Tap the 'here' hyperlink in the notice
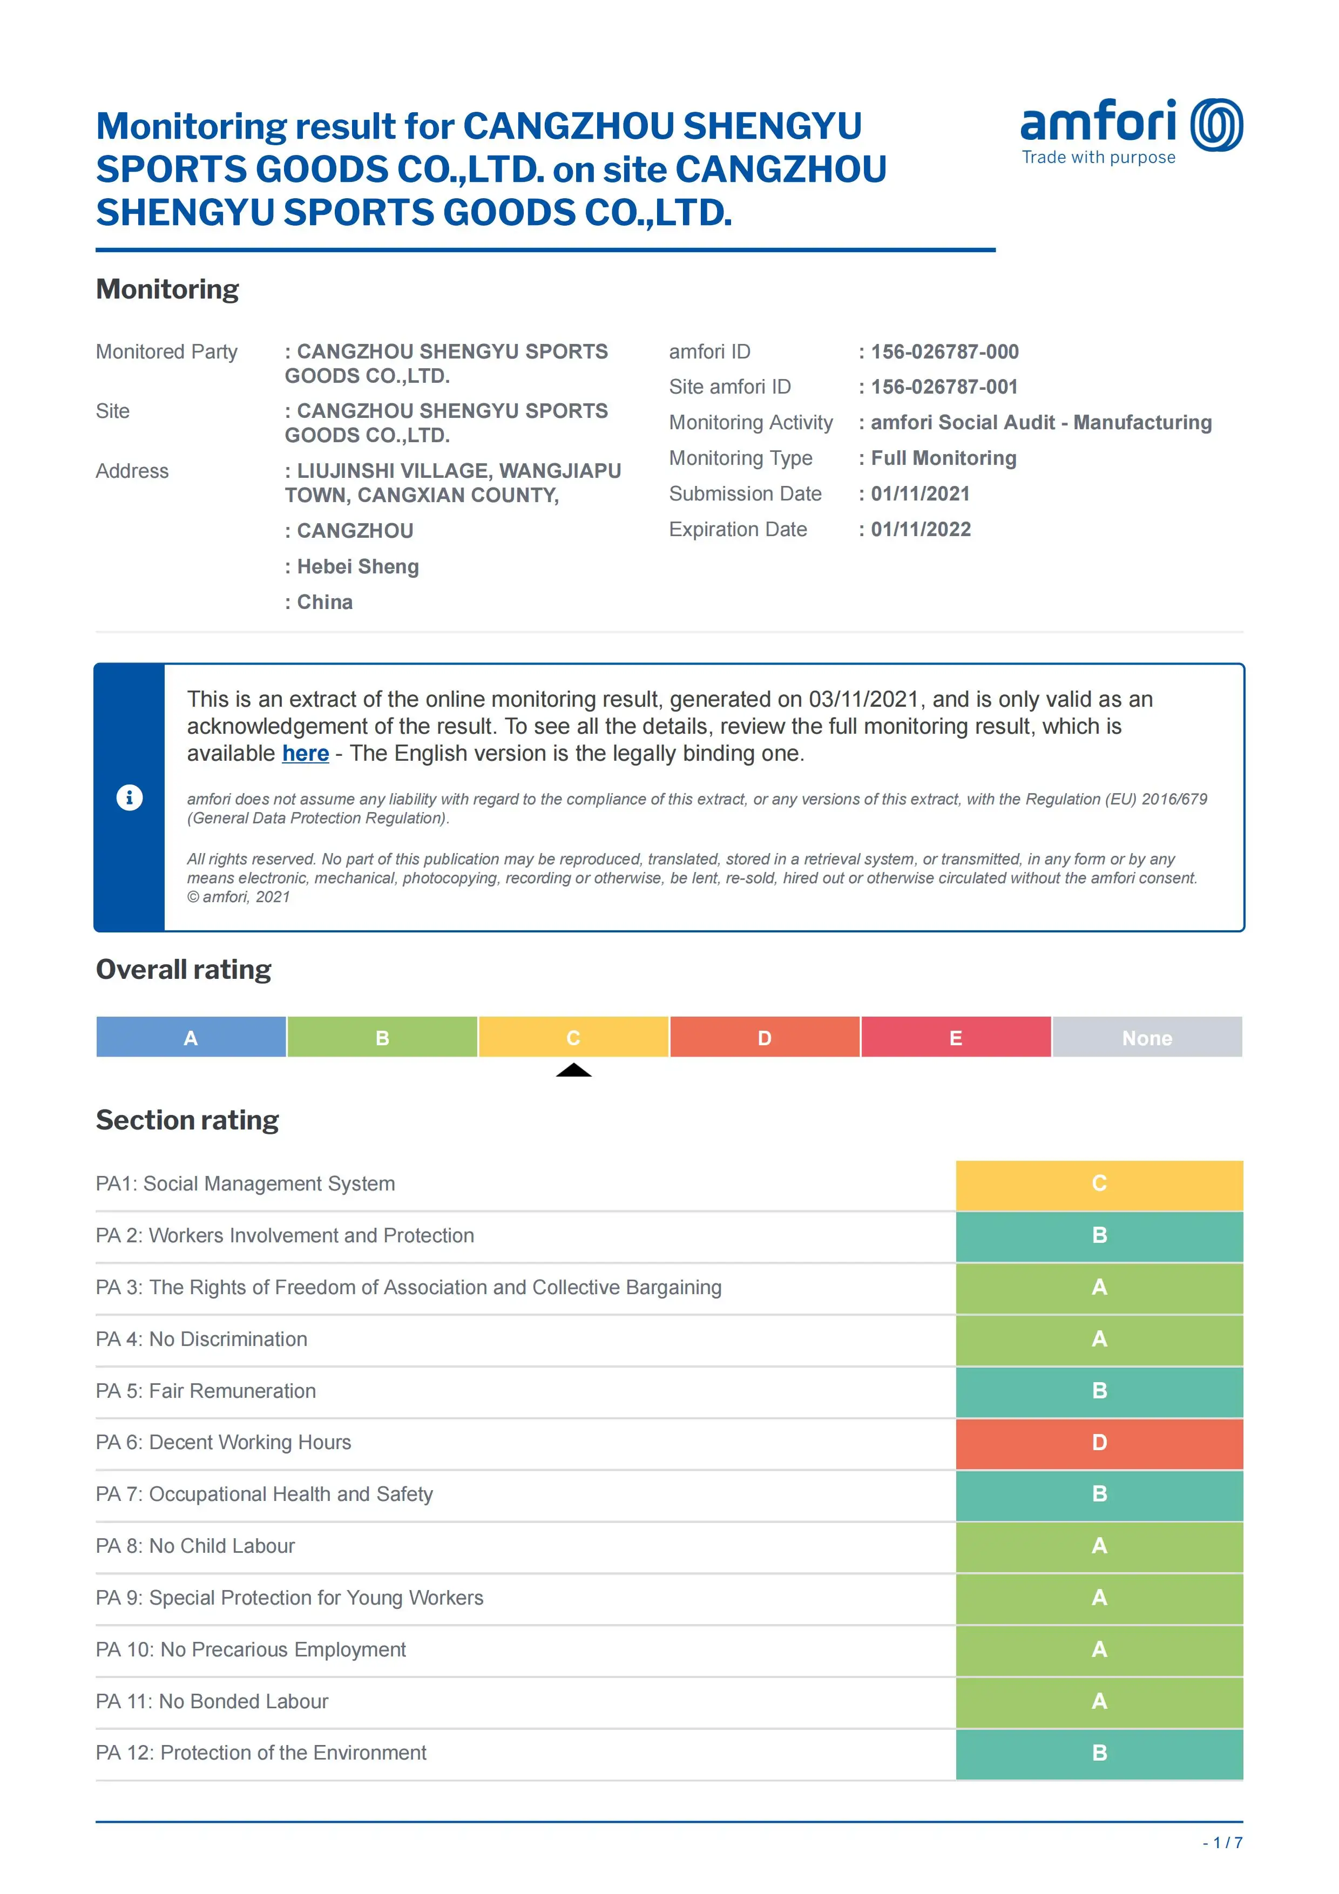point(305,753)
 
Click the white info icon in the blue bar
point(130,797)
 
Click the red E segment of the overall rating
point(955,1037)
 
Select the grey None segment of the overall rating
point(1147,1037)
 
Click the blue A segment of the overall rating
point(191,1037)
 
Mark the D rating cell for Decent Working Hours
point(1099,1443)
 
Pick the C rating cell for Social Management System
point(1099,1183)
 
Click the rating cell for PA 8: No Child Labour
point(1099,1546)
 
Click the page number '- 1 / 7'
point(1223,1843)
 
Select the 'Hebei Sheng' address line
point(357,567)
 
